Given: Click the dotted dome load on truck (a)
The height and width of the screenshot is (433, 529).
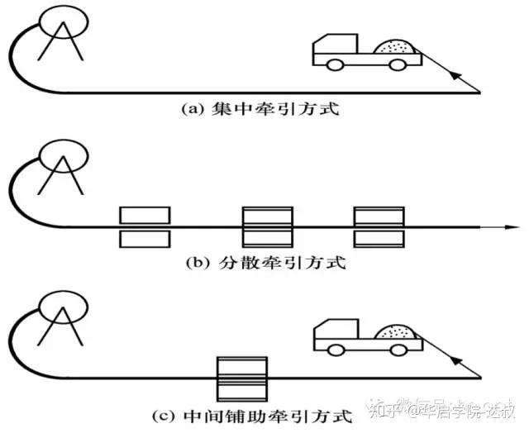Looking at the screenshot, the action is click(394, 48).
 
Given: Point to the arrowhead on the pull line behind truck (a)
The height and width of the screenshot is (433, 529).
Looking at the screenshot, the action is click(455, 76).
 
